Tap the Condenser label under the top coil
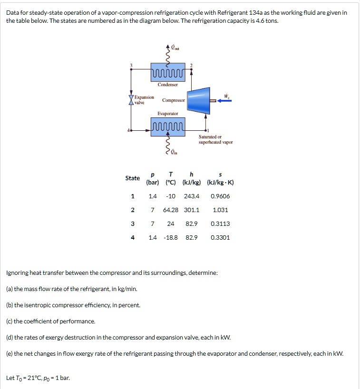pos(168,85)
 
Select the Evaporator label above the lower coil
pos(168,114)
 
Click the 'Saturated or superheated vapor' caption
pos(215,139)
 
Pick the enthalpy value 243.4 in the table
pos(192,196)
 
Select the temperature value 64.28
pos(170,210)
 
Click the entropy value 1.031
pos(220,210)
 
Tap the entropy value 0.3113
pos(220,224)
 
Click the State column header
pos(133,178)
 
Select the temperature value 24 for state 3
pos(170,224)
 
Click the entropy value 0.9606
pos(220,196)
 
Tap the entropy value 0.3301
pos(220,237)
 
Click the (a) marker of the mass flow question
pos(9,289)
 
